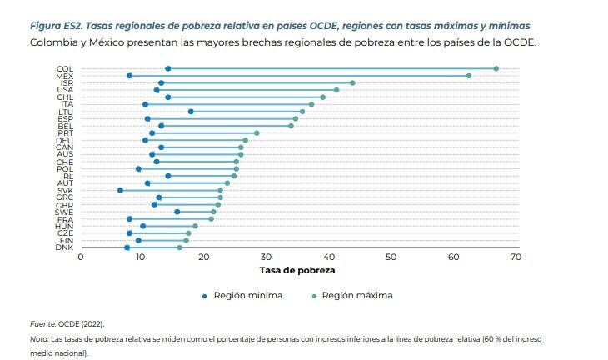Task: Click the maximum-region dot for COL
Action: tap(496, 69)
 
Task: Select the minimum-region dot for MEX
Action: tap(129, 76)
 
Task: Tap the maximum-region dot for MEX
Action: tap(469, 76)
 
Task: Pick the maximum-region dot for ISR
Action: tap(352, 83)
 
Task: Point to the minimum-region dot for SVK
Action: tap(120, 190)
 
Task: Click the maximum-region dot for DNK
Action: tap(180, 247)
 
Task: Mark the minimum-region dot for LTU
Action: tap(191, 112)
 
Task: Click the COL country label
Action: tap(64, 69)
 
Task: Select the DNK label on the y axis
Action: tap(64, 247)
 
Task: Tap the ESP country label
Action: tap(64, 119)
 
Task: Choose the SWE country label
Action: tap(64, 212)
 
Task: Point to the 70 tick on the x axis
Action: tap(516, 257)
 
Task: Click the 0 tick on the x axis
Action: tap(80, 257)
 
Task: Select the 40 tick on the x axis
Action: tap(329, 257)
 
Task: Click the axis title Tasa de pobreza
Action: tap(297, 272)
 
